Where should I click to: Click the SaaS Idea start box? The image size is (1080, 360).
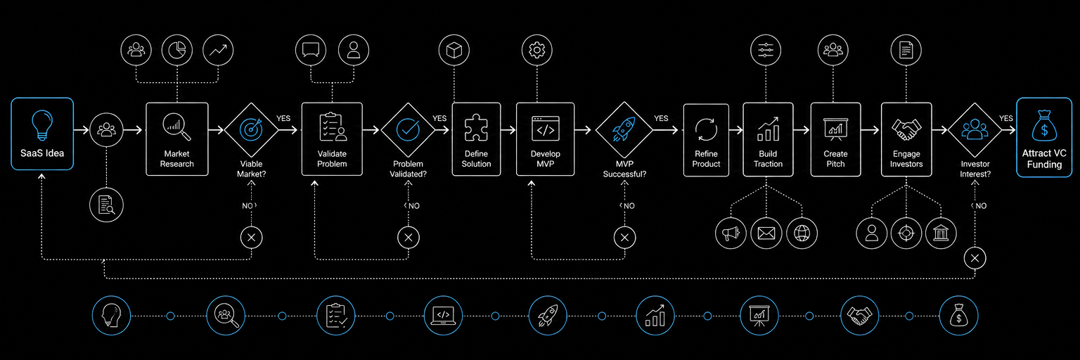point(42,134)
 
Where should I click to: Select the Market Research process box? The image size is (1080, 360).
point(177,139)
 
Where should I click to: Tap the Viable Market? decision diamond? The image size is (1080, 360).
point(251,129)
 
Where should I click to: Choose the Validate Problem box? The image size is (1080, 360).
point(332,139)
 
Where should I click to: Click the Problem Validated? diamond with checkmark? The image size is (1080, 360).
point(408,129)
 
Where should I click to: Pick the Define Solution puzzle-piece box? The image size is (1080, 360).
point(476,139)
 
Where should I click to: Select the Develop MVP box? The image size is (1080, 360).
point(546,139)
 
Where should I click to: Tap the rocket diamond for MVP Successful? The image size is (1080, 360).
point(624,129)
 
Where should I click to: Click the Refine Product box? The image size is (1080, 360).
point(707,140)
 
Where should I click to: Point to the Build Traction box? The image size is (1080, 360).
point(768,139)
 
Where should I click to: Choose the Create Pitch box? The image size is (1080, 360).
point(835,139)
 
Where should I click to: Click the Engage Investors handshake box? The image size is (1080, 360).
point(906,139)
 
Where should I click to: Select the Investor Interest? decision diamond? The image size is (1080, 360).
point(975,129)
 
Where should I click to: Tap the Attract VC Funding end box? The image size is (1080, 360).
point(1044,137)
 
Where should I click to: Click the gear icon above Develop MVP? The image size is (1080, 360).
point(537,50)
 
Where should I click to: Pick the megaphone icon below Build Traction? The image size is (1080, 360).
point(731,233)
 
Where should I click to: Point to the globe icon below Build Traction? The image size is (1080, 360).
point(802,233)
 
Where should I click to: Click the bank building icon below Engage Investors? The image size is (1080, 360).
point(941,233)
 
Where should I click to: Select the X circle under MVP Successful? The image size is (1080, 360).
point(624,238)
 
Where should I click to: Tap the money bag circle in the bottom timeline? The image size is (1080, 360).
point(959,316)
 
